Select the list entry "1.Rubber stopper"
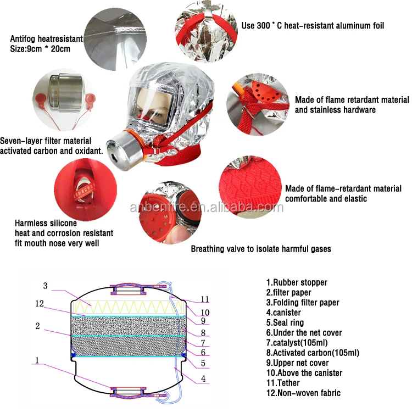click(x=297, y=282)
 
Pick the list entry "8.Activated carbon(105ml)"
click(x=313, y=353)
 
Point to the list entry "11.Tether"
click(x=283, y=383)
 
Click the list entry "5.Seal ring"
click(x=285, y=322)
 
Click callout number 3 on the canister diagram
click(x=46, y=285)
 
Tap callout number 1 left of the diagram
click(x=37, y=360)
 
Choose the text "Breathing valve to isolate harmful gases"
click(x=261, y=249)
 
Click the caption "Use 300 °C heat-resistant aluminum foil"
click(x=313, y=25)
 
